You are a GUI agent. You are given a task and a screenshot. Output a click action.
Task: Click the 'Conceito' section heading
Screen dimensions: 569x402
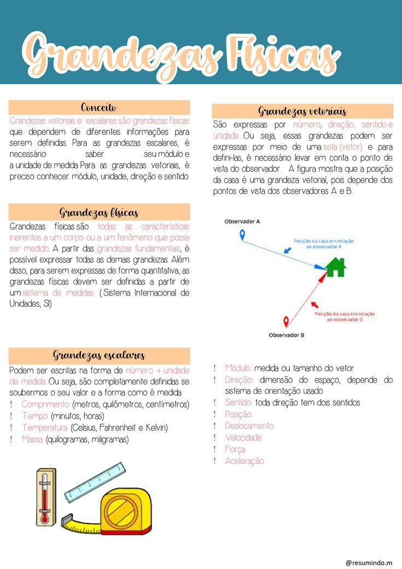click(99, 107)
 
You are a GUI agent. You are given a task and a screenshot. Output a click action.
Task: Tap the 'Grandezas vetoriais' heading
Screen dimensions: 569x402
click(302, 111)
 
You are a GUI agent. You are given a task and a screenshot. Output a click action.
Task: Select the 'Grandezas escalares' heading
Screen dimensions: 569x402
click(99, 355)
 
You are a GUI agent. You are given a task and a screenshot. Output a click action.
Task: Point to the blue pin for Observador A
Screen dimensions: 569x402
click(242, 235)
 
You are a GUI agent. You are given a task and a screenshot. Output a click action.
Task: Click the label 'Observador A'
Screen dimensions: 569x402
click(242, 221)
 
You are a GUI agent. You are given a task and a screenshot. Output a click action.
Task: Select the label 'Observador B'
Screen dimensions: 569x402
click(287, 335)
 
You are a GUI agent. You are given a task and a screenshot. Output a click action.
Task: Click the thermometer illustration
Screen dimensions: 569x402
click(45, 496)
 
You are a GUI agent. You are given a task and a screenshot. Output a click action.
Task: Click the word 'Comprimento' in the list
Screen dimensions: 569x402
click(45, 404)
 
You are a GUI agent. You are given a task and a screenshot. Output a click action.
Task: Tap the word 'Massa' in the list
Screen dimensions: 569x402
click(32, 439)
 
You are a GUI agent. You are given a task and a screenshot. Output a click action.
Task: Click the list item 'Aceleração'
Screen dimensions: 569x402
click(244, 461)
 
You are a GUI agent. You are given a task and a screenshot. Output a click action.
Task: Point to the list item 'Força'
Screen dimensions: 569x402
click(235, 449)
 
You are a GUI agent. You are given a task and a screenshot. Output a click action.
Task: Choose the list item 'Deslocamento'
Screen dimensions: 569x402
click(249, 426)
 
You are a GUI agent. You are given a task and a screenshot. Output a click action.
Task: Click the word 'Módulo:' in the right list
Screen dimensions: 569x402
click(238, 368)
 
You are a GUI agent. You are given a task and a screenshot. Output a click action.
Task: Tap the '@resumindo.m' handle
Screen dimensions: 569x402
click(369, 562)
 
